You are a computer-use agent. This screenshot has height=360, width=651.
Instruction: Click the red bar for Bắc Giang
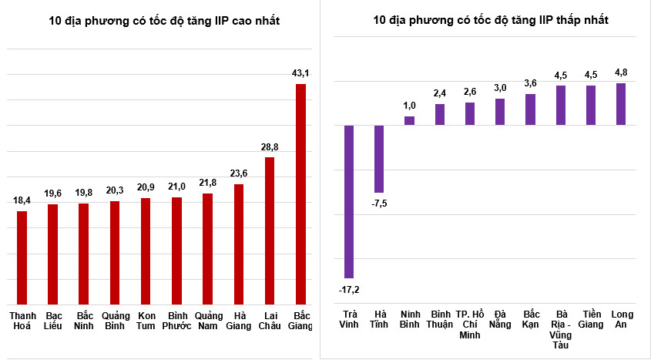click(x=300, y=194)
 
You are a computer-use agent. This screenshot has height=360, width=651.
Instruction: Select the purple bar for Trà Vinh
click(x=349, y=201)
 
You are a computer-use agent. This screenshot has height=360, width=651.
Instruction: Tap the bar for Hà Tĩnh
click(x=379, y=159)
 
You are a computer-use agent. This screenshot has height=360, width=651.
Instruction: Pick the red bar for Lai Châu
click(x=270, y=230)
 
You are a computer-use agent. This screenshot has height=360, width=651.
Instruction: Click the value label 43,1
click(x=300, y=73)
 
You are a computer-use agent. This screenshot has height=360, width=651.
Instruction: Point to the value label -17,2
click(x=349, y=290)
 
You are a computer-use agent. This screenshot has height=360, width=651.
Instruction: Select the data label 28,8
click(x=270, y=147)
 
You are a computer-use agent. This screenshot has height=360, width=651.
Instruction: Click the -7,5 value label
click(x=379, y=204)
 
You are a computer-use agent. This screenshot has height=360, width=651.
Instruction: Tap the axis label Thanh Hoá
click(x=23, y=321)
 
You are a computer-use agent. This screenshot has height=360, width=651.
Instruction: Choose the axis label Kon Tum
click(x=146, y=321)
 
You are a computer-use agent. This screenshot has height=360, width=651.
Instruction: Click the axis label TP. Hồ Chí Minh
click(x=470, y=325)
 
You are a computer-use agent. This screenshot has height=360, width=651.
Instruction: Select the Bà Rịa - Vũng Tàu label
click(x=561, y=330)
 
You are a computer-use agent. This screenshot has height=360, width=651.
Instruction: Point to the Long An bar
click(x=621, y=104)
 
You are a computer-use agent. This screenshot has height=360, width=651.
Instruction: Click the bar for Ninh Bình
click(x=409, y=120)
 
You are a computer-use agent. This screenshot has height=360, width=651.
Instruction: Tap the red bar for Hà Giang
click(x=239, y=244)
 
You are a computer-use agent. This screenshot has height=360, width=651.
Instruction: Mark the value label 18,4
click(x=22, y=200)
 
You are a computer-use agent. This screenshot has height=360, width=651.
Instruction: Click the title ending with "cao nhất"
click(x=164, y=21)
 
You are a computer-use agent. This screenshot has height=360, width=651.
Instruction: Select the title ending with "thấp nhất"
click(x=491, y=19)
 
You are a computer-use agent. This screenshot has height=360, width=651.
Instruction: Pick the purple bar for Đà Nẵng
click(x=500, y=112)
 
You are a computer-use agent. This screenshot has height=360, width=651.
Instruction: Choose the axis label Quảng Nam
click(x=209, y=321)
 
